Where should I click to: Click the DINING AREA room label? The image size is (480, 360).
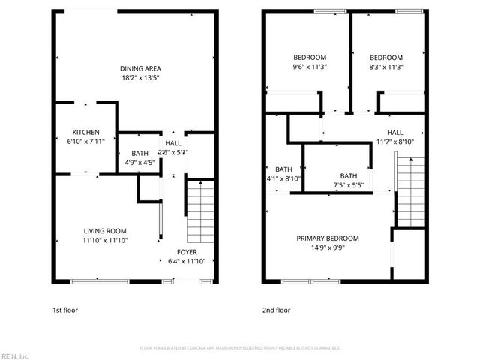141,67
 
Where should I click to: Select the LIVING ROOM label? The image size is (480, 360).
105,230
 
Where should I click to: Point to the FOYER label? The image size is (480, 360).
186,251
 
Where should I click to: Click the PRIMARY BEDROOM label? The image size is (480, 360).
328,238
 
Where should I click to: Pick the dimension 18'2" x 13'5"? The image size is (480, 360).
141,76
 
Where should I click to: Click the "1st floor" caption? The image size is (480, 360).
64,310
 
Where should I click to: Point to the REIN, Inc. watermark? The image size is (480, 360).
15,355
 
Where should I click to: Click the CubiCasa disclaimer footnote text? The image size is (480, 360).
240,348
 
